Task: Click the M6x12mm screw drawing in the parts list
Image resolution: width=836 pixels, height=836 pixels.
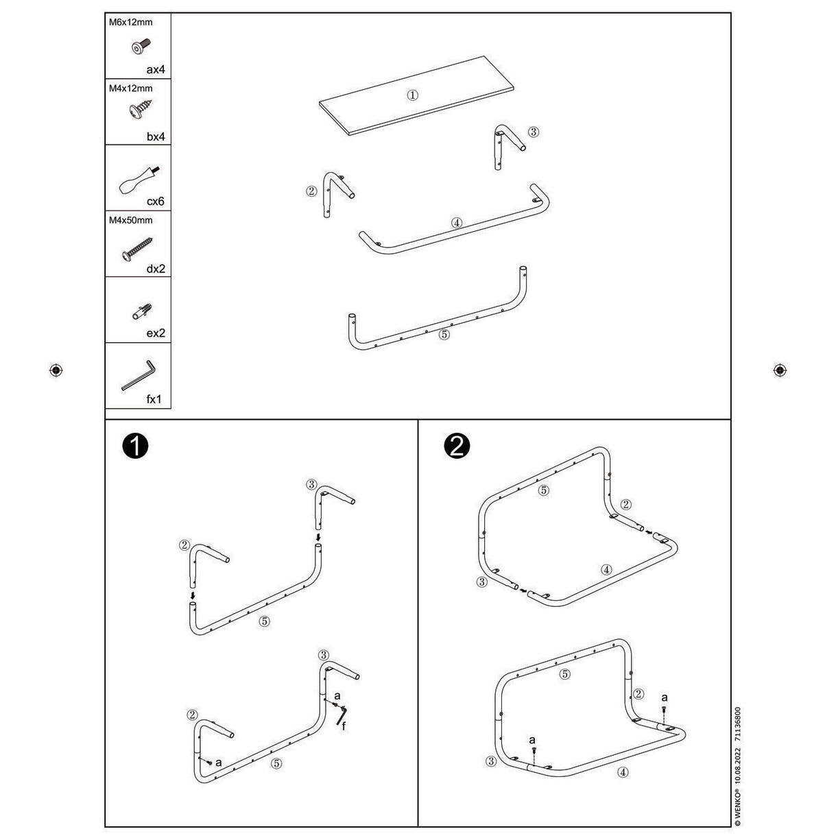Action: tap(141, 46)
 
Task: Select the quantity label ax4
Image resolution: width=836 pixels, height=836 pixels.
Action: tap(155, 69)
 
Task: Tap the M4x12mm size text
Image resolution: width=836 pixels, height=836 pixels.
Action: tap(130, 88)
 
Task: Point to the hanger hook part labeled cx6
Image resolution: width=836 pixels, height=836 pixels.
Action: tap(139, 180)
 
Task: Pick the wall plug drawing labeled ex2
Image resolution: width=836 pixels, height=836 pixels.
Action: tap(142, 311)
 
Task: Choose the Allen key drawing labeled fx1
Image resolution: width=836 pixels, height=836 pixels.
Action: tap(139, 375)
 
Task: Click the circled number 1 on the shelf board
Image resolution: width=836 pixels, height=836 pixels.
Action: tap(412, 95)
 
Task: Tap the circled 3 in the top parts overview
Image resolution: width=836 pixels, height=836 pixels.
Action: tap(533, 132)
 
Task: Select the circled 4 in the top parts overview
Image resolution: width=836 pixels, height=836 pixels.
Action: tap(456, 223)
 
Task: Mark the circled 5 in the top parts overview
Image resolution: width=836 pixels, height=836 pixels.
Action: tap(444, 335)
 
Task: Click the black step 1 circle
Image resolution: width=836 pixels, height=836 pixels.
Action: tap(135, 446)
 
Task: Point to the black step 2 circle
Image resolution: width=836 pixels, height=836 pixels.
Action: tap(457, 446)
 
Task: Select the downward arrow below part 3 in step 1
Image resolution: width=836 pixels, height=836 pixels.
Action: tap(318, 538)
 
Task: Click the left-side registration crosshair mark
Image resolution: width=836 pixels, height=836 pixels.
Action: tap(56, 370)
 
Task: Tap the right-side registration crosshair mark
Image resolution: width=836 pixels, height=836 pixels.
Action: tap(780, 370)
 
